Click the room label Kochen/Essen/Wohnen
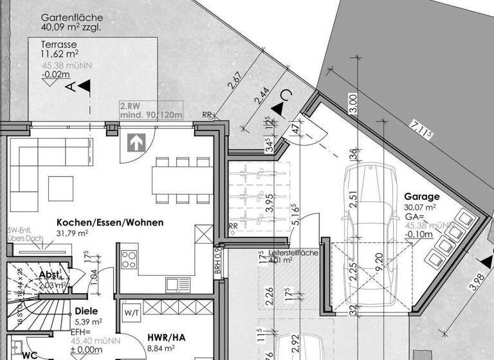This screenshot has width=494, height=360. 109,222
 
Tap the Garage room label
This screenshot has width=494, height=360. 421,197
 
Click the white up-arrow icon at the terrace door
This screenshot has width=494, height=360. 136,142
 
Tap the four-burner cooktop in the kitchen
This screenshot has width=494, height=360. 129,259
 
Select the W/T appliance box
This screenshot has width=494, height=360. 132,313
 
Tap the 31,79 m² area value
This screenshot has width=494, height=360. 72,233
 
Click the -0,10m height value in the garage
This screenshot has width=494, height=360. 419,235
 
